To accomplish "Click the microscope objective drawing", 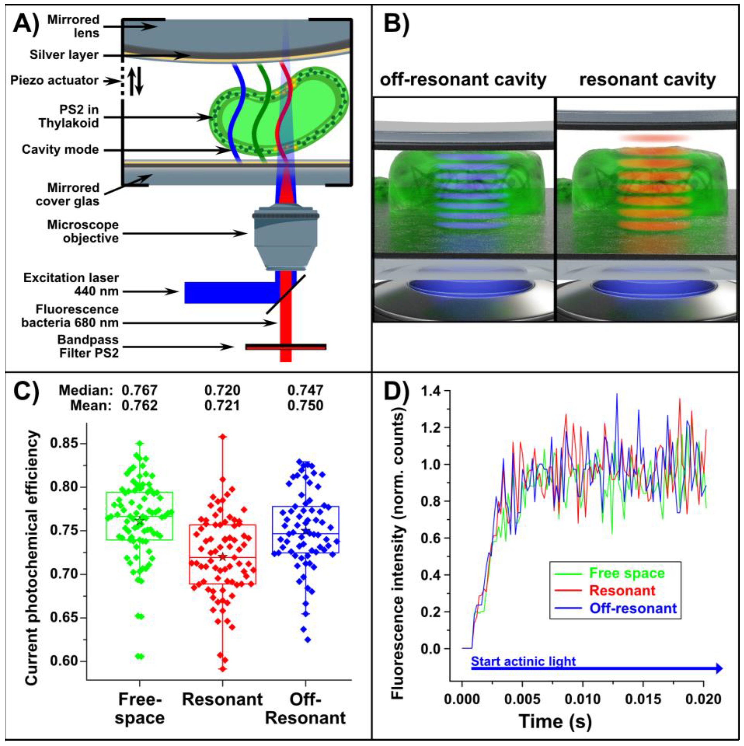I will point(286,238).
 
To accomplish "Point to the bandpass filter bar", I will point(286,347).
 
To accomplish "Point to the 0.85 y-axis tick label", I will point(64,443).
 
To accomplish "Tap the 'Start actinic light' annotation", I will point(523,662).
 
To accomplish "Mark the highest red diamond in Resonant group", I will point(223,437).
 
